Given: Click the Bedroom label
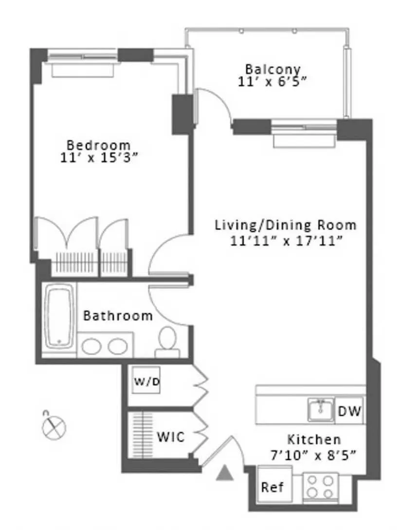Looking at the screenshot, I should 99,145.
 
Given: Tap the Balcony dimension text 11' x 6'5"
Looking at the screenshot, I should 273,82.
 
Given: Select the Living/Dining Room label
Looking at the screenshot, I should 286,226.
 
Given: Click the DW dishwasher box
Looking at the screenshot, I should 349,412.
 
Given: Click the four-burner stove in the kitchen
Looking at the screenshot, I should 320,486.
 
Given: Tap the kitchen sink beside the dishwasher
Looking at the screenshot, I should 321,409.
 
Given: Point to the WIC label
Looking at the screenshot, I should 170,437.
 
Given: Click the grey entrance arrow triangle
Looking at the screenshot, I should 224,473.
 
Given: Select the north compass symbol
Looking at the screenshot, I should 53,427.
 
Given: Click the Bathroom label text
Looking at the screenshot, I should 118,316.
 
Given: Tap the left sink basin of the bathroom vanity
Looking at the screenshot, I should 92,347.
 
